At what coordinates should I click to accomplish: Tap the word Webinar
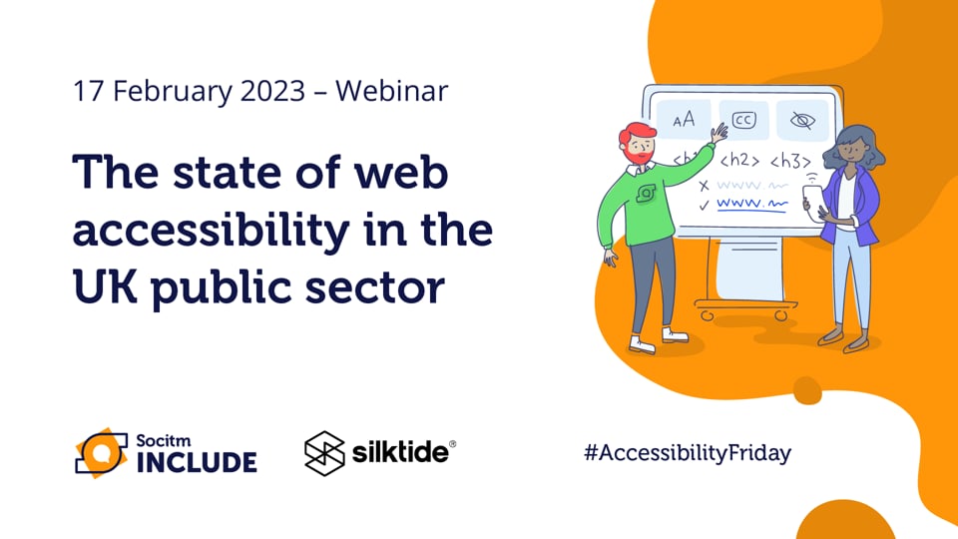coord(391,92)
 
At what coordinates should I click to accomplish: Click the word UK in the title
coord(102,287)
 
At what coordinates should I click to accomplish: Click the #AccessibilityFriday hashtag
coord(687,452)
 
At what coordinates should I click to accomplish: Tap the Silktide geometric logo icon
coord(322,452)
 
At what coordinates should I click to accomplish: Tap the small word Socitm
coord(160,439)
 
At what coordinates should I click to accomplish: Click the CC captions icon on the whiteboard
coord(743,120)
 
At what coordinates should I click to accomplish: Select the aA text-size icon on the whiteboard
coord(684,120)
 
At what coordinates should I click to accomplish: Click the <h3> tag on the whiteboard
coord(790,159)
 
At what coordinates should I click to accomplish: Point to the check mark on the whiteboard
coord(705,205)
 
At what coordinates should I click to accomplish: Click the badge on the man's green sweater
coord(648,193)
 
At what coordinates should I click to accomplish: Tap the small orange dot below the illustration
coord(805,387)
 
